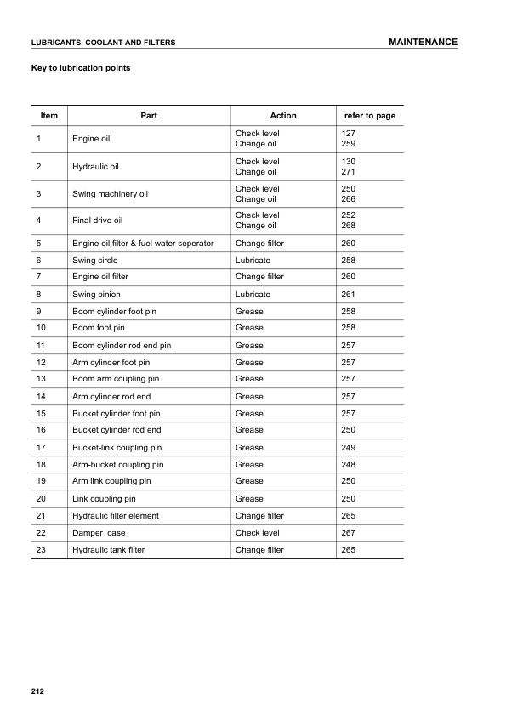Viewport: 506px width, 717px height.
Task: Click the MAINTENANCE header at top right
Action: coord(423,42)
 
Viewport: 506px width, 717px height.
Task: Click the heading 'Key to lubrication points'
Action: coord(81,67)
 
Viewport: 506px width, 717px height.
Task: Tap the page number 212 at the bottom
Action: coord(37,691)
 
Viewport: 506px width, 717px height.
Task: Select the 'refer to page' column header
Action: coord(369,116)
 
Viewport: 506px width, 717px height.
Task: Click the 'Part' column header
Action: coord(149,116)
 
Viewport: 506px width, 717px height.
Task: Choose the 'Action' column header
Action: coord(283,116)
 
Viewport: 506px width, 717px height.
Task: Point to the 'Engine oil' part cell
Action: coord(91,139)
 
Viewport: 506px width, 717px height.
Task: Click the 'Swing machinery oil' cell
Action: coord(110,194)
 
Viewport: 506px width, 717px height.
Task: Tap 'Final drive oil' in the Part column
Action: coord(98,221)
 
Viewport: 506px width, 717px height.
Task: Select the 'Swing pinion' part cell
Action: coord(96,295)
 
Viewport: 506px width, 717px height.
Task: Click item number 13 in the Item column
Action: coord(41,379)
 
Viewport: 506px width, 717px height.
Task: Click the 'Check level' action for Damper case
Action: coord(257,533)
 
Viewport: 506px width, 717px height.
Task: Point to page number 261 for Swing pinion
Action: coord(348,295)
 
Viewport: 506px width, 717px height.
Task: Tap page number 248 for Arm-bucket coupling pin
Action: coord(348,465)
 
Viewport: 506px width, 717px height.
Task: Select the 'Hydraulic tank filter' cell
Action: coord(108,550)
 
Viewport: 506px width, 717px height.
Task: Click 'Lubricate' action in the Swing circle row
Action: coord(253,261)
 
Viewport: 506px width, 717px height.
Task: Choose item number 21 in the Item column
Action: coord(41,516)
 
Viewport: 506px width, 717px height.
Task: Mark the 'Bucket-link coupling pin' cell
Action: coord(117,448)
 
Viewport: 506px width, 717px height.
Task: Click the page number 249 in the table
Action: coord(348,448)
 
